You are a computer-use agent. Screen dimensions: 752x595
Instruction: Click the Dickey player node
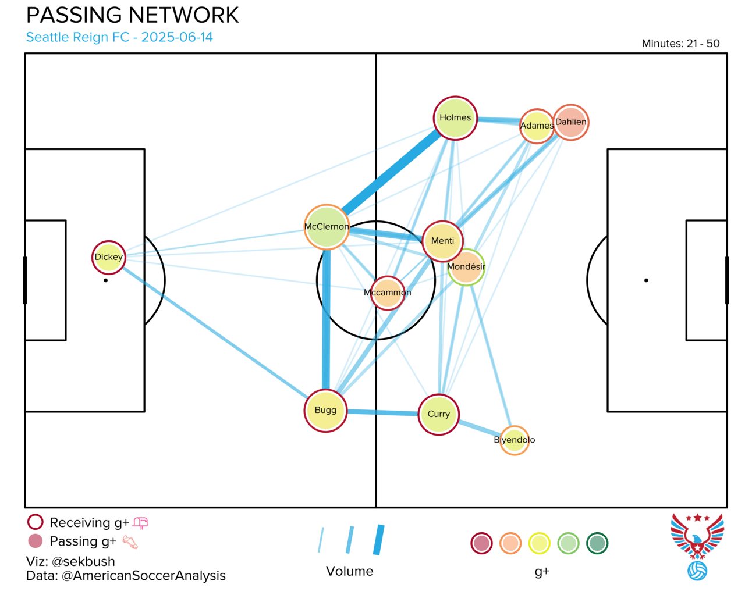109,257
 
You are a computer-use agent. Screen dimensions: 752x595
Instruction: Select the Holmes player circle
455,118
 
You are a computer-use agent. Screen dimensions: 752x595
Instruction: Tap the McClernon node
327,227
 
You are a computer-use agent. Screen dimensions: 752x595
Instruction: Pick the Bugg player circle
325,410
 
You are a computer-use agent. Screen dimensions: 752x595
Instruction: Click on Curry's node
438,415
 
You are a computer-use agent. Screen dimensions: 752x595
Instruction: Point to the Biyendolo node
514,440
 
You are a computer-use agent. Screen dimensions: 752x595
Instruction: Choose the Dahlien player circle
570,122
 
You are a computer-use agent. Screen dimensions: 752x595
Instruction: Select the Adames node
537,126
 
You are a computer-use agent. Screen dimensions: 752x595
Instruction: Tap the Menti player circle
442,241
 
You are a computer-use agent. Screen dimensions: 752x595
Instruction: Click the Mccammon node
388,293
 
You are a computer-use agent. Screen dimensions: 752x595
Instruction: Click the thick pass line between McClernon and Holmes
391,172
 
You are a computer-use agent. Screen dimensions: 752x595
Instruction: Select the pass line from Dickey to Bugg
215,333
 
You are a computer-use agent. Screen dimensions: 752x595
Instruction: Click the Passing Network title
133,15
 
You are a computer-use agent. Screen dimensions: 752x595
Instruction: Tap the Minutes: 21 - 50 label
681,43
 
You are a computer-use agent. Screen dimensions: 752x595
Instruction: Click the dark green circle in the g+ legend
597,543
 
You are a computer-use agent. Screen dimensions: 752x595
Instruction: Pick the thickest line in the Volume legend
379,540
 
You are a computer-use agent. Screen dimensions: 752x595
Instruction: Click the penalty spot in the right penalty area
646,280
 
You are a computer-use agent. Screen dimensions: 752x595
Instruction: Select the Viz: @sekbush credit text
70,561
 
